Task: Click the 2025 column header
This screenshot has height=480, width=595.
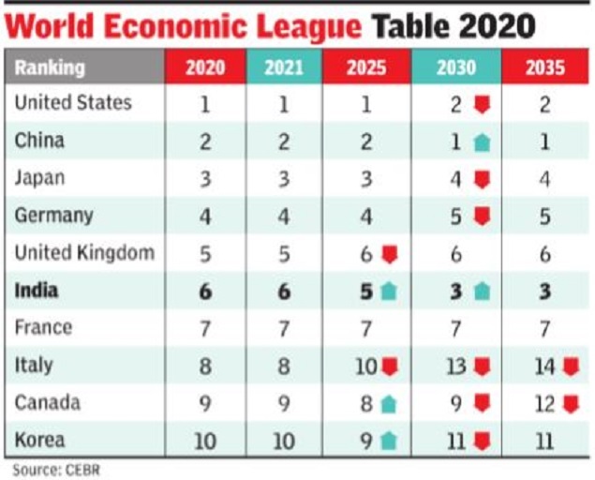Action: tap(365, 67)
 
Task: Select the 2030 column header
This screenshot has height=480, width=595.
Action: tap(455, 67)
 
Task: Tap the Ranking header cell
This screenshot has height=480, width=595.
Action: tap(50, 67)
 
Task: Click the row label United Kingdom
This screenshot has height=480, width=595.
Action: tap(84, 252)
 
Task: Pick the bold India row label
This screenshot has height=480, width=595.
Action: tap(37, 290)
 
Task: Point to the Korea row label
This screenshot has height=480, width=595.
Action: tap(38, 440)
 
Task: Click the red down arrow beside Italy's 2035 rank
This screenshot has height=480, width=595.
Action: tap(568, 366)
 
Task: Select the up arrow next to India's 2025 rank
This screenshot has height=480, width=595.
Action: tap(389, 291)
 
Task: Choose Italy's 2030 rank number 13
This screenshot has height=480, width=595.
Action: tap(456, 366)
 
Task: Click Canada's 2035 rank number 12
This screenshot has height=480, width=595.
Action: tap(543, 403)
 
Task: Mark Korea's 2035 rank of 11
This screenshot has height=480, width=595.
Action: tap(543, 441)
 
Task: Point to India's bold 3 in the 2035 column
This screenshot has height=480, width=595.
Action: tap(543, 291)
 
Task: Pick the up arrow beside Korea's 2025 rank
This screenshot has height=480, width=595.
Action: tap(389, 441)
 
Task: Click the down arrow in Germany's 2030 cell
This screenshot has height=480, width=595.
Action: tap(481, 216)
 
